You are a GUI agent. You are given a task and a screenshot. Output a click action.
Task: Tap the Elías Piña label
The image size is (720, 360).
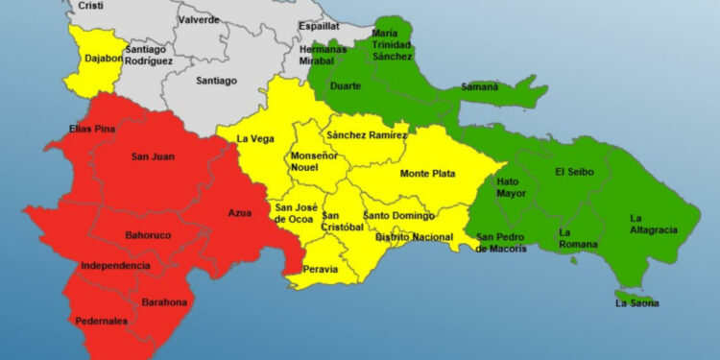(93, 129)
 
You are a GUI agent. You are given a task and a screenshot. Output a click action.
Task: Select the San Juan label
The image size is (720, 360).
(152, 156)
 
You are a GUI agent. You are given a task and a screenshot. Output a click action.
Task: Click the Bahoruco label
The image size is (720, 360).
(149, 234)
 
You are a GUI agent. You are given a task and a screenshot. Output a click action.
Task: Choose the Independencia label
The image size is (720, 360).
(115, 265)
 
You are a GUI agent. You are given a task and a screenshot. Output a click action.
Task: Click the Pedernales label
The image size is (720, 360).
(97, 321)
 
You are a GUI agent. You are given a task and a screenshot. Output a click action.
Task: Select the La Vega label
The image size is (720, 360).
(255, 139)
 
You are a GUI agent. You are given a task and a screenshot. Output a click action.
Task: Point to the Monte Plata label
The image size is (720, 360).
(428, 174)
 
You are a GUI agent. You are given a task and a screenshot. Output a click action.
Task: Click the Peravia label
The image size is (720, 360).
(320, 269)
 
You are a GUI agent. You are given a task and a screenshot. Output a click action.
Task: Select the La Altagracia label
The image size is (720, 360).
(654, 224)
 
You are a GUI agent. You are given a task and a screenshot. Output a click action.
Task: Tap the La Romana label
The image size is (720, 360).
(578, 237)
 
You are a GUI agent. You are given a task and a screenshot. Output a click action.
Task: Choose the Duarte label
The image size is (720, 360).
(346, 85)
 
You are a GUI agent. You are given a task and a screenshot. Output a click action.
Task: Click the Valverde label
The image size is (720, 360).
(199, 19)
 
